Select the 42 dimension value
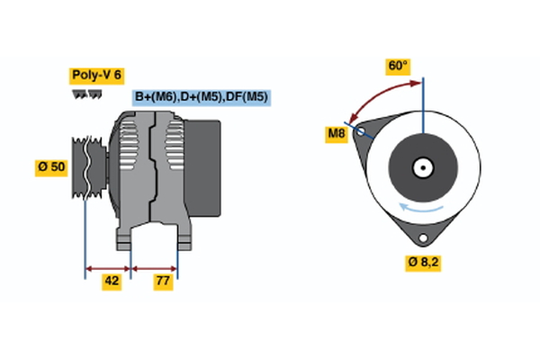pos(112,281)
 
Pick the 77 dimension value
pos(163,281)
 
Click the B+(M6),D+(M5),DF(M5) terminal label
pos(202,97)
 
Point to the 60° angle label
pos(397,66)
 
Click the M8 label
pos(337,135)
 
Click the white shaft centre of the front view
pos(422,166)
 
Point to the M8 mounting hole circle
pos(362,131)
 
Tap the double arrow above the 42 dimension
pos(108,267)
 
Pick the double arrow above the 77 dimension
pos(155,267)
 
